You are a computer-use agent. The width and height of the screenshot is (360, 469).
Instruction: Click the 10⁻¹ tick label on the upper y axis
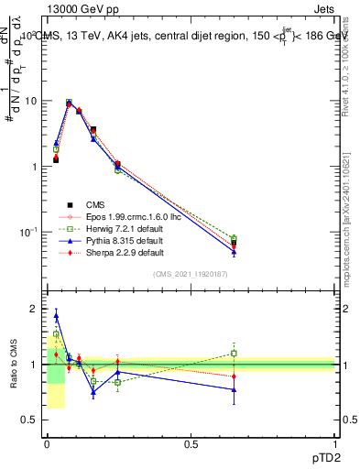(x=29, y=233)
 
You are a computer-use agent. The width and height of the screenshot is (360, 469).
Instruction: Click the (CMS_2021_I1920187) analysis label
(x=191, y=275)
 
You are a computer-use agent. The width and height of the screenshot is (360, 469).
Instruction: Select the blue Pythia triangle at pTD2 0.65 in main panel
(x=234, y=252)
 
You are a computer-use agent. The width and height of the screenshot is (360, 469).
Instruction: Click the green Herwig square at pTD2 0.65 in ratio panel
(x=234, y=353)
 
